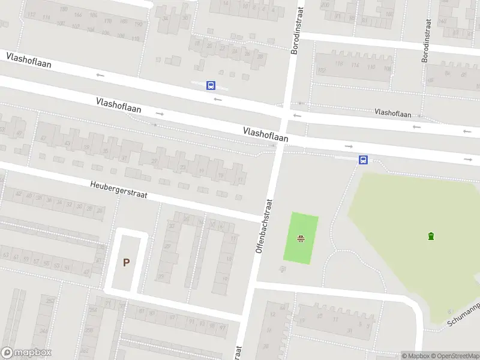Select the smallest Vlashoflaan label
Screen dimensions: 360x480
[x=392, y=113]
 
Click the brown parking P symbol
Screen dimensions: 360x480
[x=126, y=262]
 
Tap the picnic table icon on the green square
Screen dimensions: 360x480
[x=301, y=239]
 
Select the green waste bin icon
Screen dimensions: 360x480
[x=431, y=236]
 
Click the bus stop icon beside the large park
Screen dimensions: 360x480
[x=363, y=160]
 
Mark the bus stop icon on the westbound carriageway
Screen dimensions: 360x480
[x=211, y=86]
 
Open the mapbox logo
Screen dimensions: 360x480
[x=26, y=353]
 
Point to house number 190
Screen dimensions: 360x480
[x=138, y=25]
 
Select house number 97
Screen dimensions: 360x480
[x=222, y=328]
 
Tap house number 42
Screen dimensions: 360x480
[x=19, y=194]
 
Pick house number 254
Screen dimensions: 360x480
[x=93, y=310]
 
